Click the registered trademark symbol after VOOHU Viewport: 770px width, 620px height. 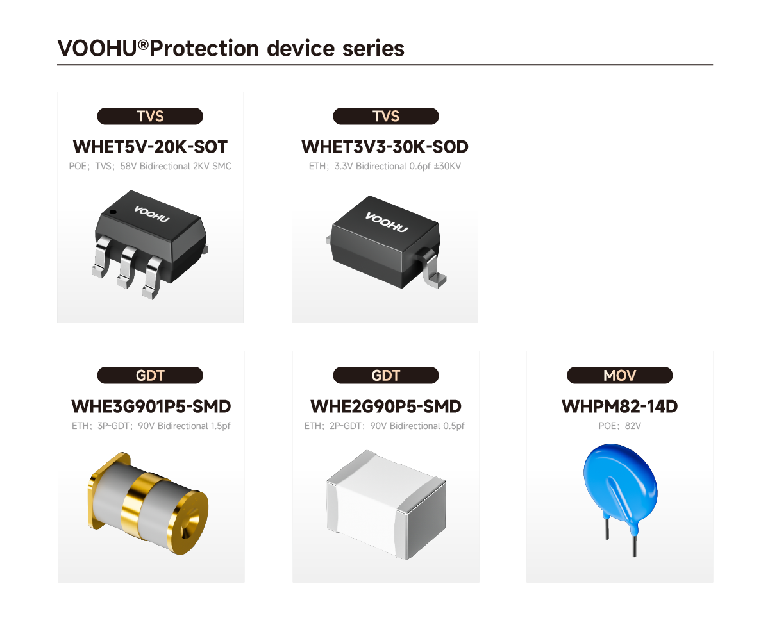143,45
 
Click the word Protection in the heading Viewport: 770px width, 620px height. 204,48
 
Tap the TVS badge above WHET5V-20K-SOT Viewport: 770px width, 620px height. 150,116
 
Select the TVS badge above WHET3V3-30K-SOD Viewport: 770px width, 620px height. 386,116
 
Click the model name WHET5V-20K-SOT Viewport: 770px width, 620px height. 150,147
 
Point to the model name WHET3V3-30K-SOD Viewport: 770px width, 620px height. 385,147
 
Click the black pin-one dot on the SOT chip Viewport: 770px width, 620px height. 113,212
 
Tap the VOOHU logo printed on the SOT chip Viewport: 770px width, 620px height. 152,214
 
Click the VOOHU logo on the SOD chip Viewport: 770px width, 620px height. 387,222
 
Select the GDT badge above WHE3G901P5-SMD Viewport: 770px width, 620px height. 150,376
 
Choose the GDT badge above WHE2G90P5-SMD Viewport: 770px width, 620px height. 386,376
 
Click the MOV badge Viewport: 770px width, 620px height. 620,376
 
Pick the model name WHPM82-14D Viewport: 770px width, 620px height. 620,406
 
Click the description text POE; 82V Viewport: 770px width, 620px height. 620,426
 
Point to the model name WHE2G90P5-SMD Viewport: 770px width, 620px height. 386,406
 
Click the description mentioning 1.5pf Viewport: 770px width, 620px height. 151,426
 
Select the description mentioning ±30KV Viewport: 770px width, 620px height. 385,166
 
